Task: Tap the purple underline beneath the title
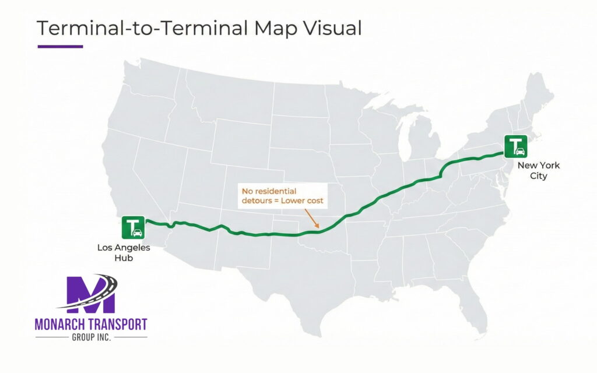[60, 47]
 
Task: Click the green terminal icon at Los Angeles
[134, 227]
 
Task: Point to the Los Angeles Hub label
[123, 252]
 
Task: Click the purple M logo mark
[90, 295]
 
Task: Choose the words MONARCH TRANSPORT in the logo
[90, 325]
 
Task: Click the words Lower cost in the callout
[304, 201]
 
